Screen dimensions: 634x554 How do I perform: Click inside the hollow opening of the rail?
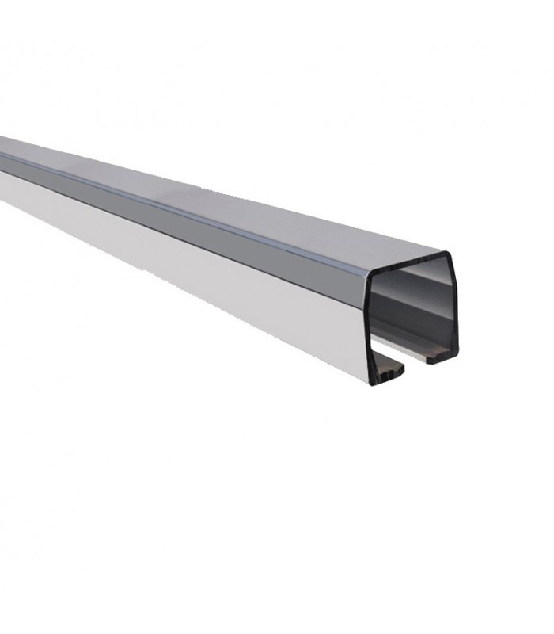[412, 317]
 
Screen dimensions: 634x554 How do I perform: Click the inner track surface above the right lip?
[431, 342]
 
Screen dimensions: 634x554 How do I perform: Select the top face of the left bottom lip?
[388, 363]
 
